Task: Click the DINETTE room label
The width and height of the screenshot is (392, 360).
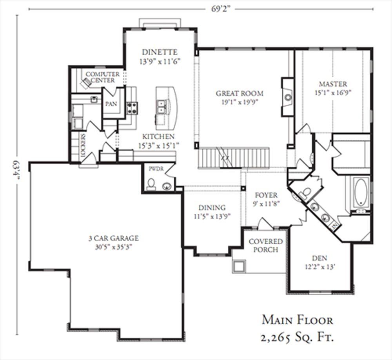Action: [x=160, y=52]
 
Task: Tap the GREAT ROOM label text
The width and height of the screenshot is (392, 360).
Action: [x=240, y=93]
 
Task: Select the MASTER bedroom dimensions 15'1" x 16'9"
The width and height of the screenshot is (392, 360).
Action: [x=333, y=93]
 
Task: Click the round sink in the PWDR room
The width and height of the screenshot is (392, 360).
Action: [x=166, y=186]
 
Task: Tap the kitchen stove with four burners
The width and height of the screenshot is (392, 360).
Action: [x=132, y=108]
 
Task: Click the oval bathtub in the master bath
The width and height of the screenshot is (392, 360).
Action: [x=361, y=191]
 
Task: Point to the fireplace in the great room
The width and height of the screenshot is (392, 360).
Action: [x=287, y=97]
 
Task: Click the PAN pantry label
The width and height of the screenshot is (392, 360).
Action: [x=111, y=104]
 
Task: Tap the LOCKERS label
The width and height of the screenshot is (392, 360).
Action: [x=83, y=145]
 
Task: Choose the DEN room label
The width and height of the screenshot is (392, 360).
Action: [x=320, y=258]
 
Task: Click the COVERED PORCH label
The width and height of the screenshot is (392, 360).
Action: [x=266, y=245]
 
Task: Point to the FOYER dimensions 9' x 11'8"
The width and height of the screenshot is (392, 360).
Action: [x=266, y=204]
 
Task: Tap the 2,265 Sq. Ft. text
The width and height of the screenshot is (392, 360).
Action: [x=297, y=338]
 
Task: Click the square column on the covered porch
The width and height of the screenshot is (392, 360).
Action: [x=239, y=266]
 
